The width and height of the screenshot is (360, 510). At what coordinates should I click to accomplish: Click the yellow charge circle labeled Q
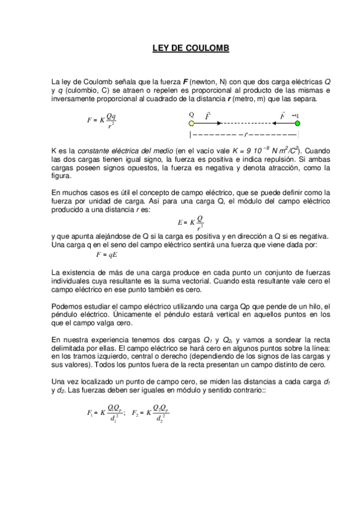pyautogui.click(x=192, y=122)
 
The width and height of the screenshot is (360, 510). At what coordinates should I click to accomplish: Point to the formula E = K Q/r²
pyautogui.click(x=191, y=223)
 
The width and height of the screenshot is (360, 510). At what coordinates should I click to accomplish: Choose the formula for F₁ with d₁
pyautogui.click(x=106, y=414)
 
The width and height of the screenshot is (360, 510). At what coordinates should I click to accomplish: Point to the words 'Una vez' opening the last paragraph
pyautogui.click(x=66, y=382)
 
